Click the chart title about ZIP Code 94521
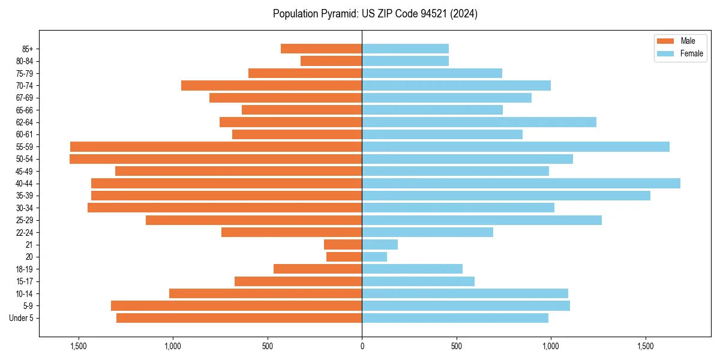[375, 14]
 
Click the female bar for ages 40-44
[521, 183]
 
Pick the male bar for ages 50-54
[216, 159]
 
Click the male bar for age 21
[343, 244]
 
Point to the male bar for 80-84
[331, 61]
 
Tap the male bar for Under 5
[239, 318]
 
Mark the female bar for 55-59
[515, 146]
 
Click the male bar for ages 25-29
[254, 220]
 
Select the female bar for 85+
[405, 49]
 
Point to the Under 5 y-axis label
[22, 318]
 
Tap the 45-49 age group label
[25, 171]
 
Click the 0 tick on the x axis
[362, 346]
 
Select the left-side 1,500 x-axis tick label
[79, 346]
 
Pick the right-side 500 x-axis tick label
[457, 346]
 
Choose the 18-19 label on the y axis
[25, 269]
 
